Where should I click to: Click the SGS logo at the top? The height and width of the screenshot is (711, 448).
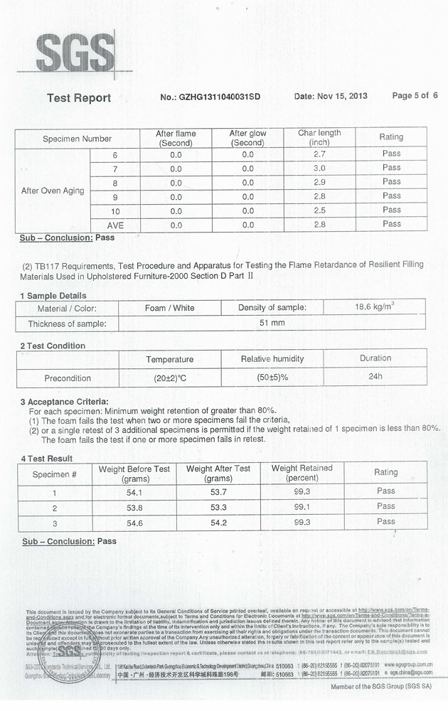coord(75,53)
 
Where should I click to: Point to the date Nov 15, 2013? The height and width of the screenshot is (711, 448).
coord(331,96)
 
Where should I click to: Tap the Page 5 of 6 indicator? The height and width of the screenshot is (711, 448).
coord(415,95)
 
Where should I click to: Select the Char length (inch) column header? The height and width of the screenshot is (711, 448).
coord(319,137)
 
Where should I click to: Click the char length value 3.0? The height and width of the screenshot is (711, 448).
coord(319,169)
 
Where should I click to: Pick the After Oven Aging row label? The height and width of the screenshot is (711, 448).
coord(53,191)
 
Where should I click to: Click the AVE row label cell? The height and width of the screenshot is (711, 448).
coord(114,225)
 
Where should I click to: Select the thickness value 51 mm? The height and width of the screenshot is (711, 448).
coord(272,324)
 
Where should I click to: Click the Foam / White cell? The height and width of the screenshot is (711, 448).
coord(169,308)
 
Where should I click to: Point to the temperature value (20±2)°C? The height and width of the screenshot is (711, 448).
coord(169,378)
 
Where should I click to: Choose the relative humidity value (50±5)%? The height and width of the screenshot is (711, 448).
coord(272,378)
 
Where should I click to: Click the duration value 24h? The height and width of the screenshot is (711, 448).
coord(375,377)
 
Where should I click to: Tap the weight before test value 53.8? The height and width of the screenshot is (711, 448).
coord(134,508)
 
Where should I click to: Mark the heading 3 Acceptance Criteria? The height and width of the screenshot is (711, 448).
coord(65,402)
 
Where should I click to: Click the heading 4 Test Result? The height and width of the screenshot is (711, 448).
coord(47,459)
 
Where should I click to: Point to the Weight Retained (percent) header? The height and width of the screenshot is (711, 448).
coord(302,473)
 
